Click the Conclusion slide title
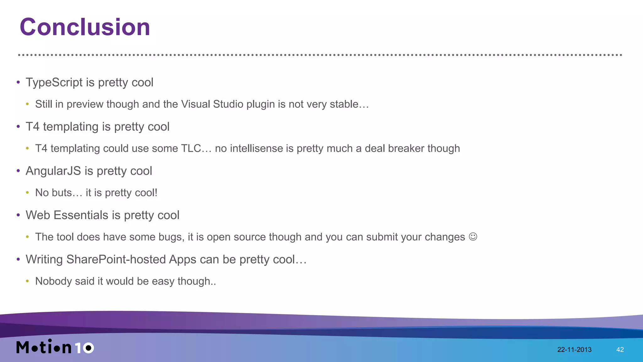click(85, 27)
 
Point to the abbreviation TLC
click(191, 148)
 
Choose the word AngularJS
click(53, 171)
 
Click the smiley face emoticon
click(473, 237)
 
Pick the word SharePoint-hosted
click(116, 259)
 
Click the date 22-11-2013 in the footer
click(574, 349)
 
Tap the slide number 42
click(620, 349)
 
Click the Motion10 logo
click(55, 347)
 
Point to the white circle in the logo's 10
click(89, 348)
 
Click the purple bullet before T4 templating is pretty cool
click(18, 127)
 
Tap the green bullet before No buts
click(28, 193)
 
